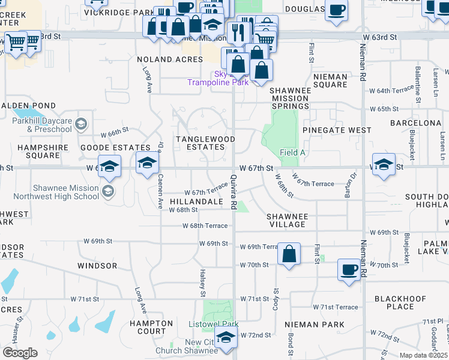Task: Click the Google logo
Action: click(20, 353)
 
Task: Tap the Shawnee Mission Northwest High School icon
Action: click(107, 192)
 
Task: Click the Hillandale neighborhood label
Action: click(196, 202)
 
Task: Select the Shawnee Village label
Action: click(287, 220)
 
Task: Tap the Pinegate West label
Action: click(337, 130)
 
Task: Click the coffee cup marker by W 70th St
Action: click(349, 269)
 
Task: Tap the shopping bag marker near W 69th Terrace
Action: click(289, 254)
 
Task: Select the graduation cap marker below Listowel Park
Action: click(226, 339)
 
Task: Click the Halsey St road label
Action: click(203, 283)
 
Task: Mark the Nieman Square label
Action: click(330, 80)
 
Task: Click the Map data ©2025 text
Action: click(423, 355)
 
